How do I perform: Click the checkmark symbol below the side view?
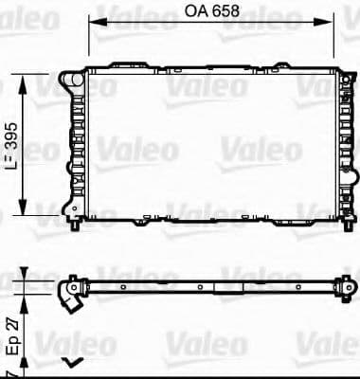tap(70, 362)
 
